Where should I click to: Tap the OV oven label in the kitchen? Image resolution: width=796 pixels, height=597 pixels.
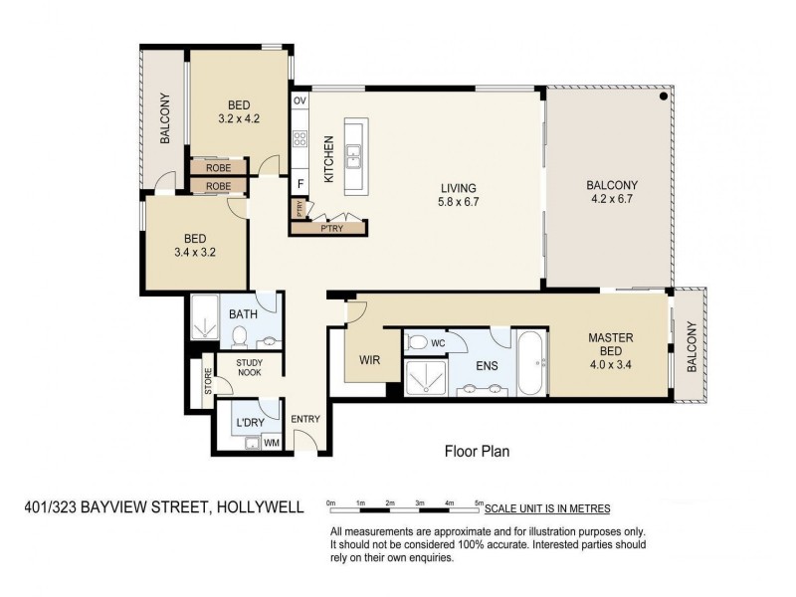(299, 101)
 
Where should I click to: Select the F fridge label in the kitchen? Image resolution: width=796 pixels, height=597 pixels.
(299, 184)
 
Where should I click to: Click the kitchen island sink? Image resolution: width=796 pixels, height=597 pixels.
(354, 155)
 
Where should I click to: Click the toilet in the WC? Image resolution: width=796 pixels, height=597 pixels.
(419, 343)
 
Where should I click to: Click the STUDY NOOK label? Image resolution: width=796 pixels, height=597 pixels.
(249, 367)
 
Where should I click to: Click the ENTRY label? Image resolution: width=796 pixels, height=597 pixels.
(305, 419)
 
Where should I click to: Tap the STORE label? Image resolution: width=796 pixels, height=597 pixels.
(208, 381)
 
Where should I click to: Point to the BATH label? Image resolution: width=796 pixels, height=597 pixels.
(244, 314)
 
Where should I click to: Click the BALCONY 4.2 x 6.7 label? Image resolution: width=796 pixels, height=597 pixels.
(611, 191)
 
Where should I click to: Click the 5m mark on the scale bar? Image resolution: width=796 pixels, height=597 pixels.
(480, 502)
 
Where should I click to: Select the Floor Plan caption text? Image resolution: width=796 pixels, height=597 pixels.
(477, 451)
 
